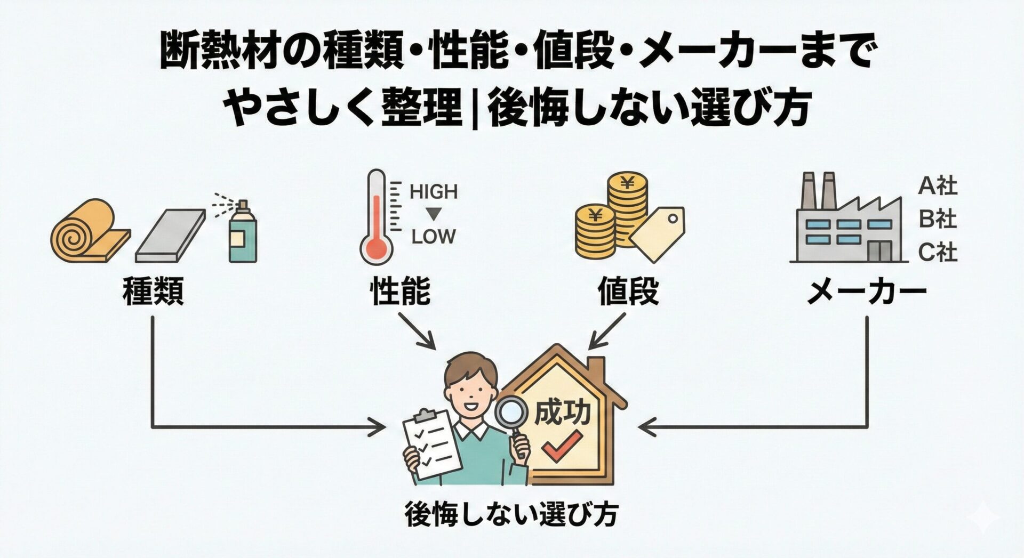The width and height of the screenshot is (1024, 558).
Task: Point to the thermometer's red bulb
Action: click(x=377, y=248)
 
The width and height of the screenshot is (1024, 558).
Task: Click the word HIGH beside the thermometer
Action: click(x=433, y=192)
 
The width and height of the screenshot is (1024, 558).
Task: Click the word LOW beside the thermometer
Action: click(x=433, y=237)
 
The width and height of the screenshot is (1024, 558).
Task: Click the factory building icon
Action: click(x=848, y=224)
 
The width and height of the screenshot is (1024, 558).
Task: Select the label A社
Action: click(x=938, y=187)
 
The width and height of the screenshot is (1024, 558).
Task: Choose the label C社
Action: click(x=938, y=253)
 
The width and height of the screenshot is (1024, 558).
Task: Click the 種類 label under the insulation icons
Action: click(x=153, y=292)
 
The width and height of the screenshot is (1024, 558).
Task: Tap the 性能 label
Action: click(x=400, y=292)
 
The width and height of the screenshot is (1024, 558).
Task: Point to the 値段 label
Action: click(x=628, y=292)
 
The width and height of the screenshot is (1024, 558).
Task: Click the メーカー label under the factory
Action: click(x=866, y=292)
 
